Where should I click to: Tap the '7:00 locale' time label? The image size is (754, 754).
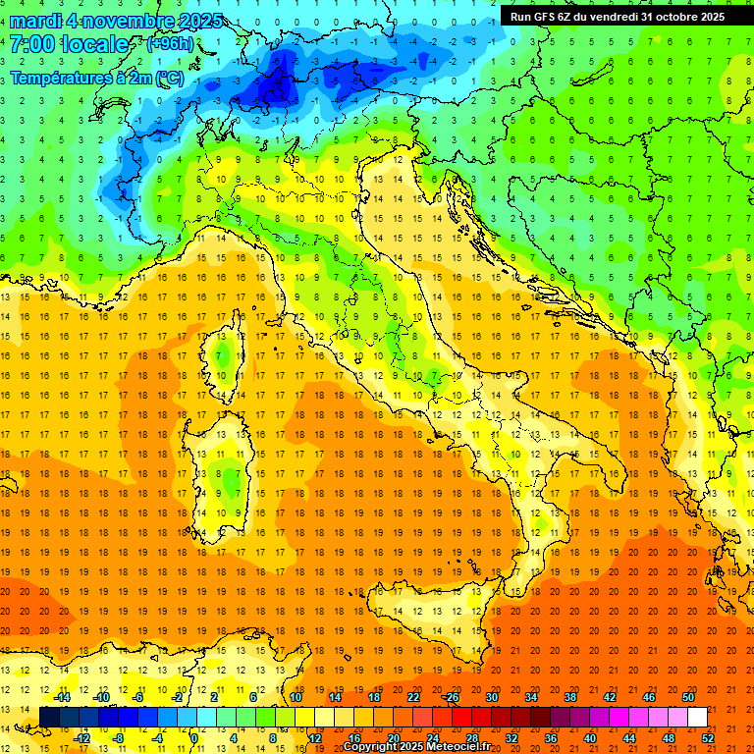coord(70,44)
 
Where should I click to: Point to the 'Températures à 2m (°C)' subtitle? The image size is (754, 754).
coord(96,78)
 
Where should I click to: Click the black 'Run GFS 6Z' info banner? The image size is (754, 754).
coord(618,16)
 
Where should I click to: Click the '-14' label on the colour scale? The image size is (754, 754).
coord(63,697)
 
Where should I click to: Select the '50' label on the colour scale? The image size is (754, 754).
coord(687,697)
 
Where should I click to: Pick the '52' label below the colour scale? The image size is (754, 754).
coord(707,738)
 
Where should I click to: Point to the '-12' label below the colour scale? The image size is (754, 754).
coord(82,738)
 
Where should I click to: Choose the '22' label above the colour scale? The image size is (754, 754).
coord(412,697)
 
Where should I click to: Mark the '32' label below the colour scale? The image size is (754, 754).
coord(511,738)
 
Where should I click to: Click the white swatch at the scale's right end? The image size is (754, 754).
coord(697,718)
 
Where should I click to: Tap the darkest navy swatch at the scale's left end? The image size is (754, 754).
coord(49,718)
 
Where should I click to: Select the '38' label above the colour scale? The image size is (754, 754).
coord(569,697)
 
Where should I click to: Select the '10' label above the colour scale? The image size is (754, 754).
coord(296,697)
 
